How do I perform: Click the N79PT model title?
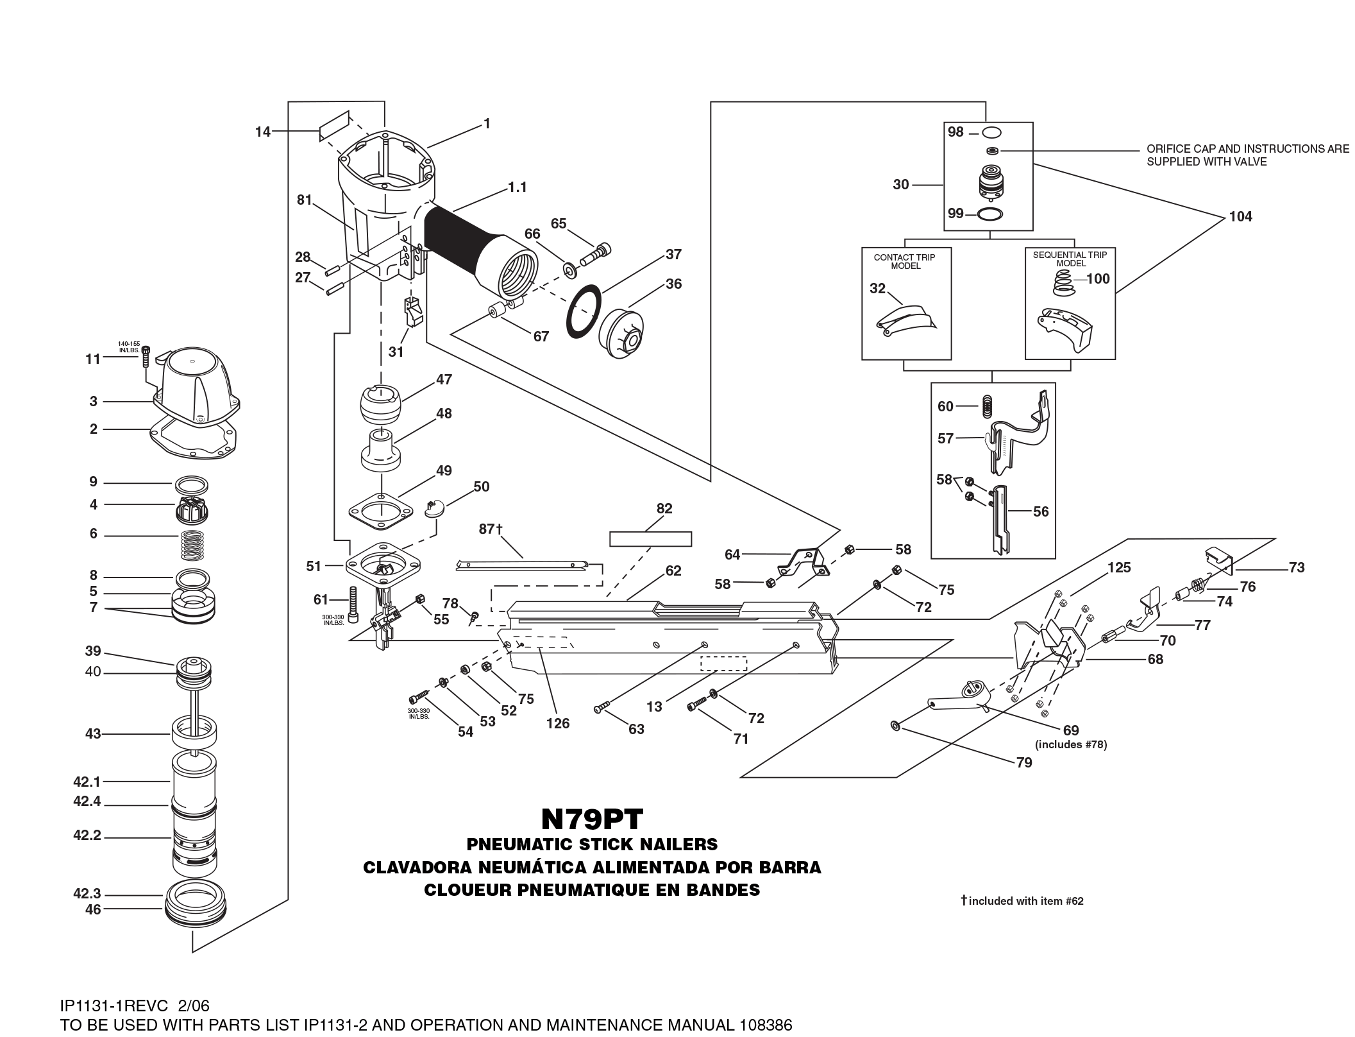click(x=592, y=819)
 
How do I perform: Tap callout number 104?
click(x=1240, y=217)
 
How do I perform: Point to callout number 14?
click(x=263, y=132)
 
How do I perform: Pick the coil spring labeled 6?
click(x=193, y=535)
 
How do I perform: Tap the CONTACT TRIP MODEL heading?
click(x=904, y=261)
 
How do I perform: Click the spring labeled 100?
click(x=1063, y=283)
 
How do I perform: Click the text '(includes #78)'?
click(x=1071, y=745)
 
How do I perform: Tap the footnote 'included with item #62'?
click(x=1026, y=901)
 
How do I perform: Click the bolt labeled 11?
click(x=147, y=355)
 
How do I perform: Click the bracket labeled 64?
click(x=800, y=561)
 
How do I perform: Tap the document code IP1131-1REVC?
click(x=114, y=1005)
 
